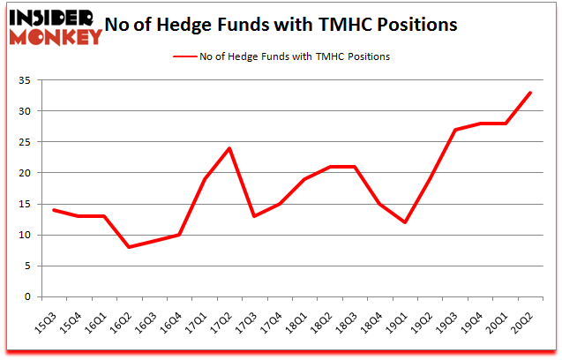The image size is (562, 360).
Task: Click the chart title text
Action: pos(281,25)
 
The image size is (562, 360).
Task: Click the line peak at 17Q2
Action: pos(229,148)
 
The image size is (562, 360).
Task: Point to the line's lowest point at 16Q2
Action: pos(130,247)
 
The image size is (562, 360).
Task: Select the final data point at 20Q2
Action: pos(529,93)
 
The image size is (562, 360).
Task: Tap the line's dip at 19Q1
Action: pos(404,222)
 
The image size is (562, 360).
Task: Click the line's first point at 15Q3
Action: pos(55,210)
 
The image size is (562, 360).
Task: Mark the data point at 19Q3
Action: pos(454,130)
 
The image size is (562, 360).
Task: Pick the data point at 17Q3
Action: pos(254,216)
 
